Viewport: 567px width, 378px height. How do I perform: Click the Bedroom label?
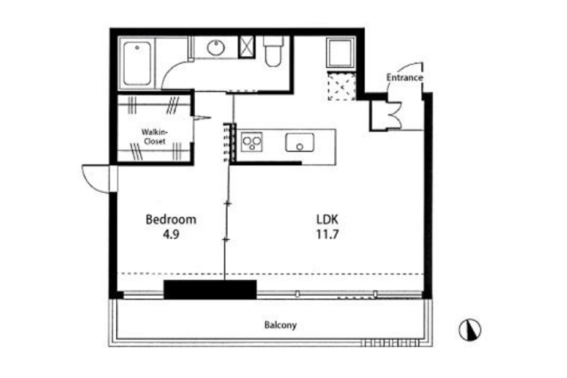tap(171, 220)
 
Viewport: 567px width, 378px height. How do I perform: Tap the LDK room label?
tap(327, 220)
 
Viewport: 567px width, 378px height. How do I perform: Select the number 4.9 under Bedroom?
tap(171, 234)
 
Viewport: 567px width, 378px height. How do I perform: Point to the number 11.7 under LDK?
tap(327, 234)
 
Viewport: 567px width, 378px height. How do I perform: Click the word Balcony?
tap(280, 325)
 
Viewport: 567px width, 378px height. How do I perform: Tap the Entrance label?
tap(404, 77)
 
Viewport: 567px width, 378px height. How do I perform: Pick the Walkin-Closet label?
tap(155, 137)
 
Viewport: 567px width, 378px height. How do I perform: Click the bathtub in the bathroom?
tap(137, 63)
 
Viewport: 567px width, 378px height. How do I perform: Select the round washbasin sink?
tap(216, 48)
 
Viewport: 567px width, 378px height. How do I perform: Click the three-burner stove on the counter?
tap(251, 142)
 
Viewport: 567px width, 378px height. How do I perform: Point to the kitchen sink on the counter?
tap(300, 142)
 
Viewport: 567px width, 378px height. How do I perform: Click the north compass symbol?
tap(470, 330)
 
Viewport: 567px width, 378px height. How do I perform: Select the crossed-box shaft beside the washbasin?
tap(247, 47)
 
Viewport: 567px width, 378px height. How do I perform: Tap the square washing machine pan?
tap(341, 53)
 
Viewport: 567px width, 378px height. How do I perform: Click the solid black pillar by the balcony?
tap(210, 290)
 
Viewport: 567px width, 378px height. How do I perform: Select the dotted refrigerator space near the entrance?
tap(342, 86)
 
